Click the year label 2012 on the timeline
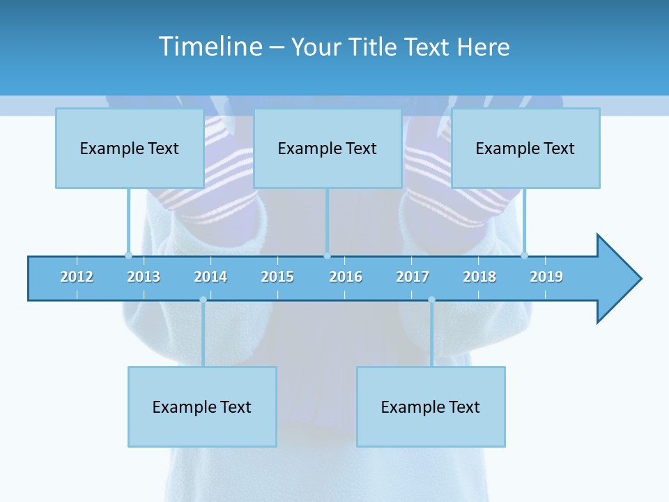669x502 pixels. (77, 277)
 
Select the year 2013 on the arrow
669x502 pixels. (144, 277)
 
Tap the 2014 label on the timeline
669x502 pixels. (210, 277)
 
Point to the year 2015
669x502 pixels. (277, 277)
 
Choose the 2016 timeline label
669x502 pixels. (346, 277)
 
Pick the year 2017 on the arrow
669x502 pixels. (413, 277)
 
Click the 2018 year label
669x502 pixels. (479, 277)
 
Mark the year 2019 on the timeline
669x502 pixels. (546, 277)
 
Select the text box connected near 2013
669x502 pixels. (130, 148)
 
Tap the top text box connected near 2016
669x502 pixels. (328, 148)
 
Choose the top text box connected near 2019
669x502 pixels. (525, 148)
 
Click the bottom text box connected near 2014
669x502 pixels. (202, 406)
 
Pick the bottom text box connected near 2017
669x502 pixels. (431, 406)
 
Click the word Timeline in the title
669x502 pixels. (210, 47)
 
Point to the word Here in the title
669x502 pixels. (483, 47)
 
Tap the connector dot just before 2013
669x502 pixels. (128, 255)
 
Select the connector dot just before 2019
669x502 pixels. (524, 255)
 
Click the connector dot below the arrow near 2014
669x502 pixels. (203, 300)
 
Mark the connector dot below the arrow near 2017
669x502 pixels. (431, 300)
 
